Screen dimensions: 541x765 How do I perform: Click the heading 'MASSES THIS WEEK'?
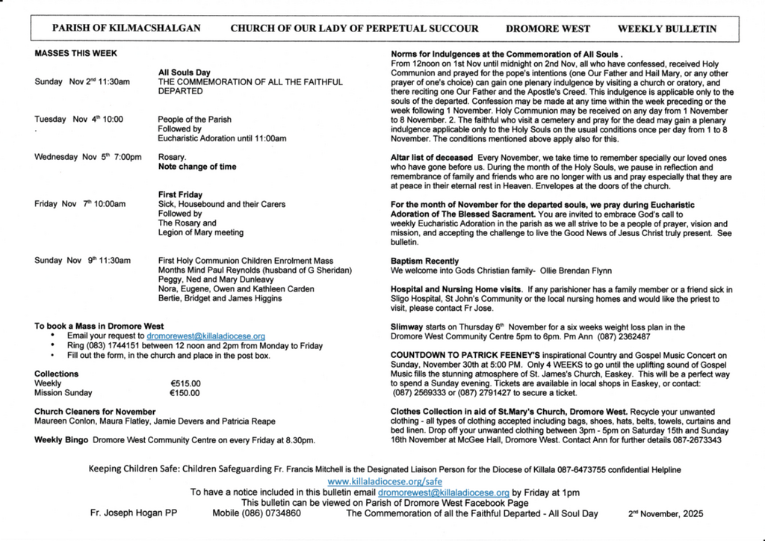75,54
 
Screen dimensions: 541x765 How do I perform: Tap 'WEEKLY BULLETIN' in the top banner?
667,29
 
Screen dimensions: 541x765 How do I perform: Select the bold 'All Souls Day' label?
184,72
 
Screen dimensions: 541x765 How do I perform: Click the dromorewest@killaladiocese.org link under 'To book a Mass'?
205,337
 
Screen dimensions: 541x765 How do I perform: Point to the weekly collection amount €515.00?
185,383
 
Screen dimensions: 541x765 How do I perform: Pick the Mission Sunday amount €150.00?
185,393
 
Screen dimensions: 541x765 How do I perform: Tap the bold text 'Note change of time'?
196,167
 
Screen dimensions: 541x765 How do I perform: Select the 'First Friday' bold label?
182,195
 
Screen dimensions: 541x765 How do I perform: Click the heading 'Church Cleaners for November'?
95,412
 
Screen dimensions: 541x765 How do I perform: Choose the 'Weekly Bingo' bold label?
62,440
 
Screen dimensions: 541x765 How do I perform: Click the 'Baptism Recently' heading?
425,261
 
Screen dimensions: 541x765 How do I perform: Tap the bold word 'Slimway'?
406,327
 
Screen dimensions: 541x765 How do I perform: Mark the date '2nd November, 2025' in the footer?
666,514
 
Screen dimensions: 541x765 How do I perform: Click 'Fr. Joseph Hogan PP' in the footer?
133,514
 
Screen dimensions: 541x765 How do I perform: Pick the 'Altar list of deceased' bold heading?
432,158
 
